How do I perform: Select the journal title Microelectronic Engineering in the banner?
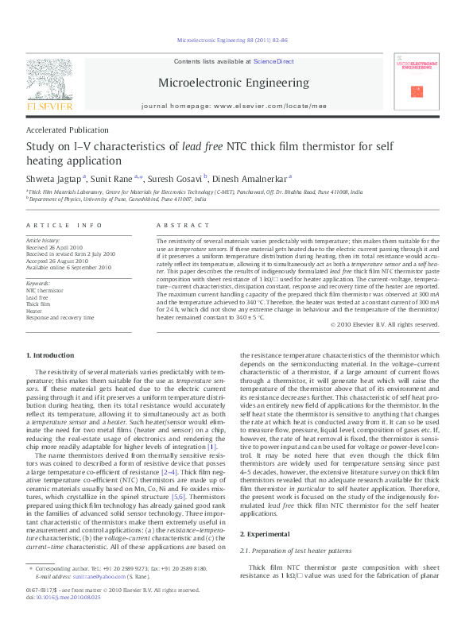(235, 82)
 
